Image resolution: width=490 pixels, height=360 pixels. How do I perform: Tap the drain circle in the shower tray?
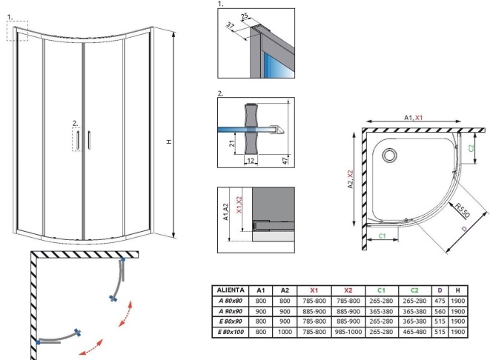[389, 156]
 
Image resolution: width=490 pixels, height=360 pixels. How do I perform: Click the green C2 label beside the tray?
[472, 147]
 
